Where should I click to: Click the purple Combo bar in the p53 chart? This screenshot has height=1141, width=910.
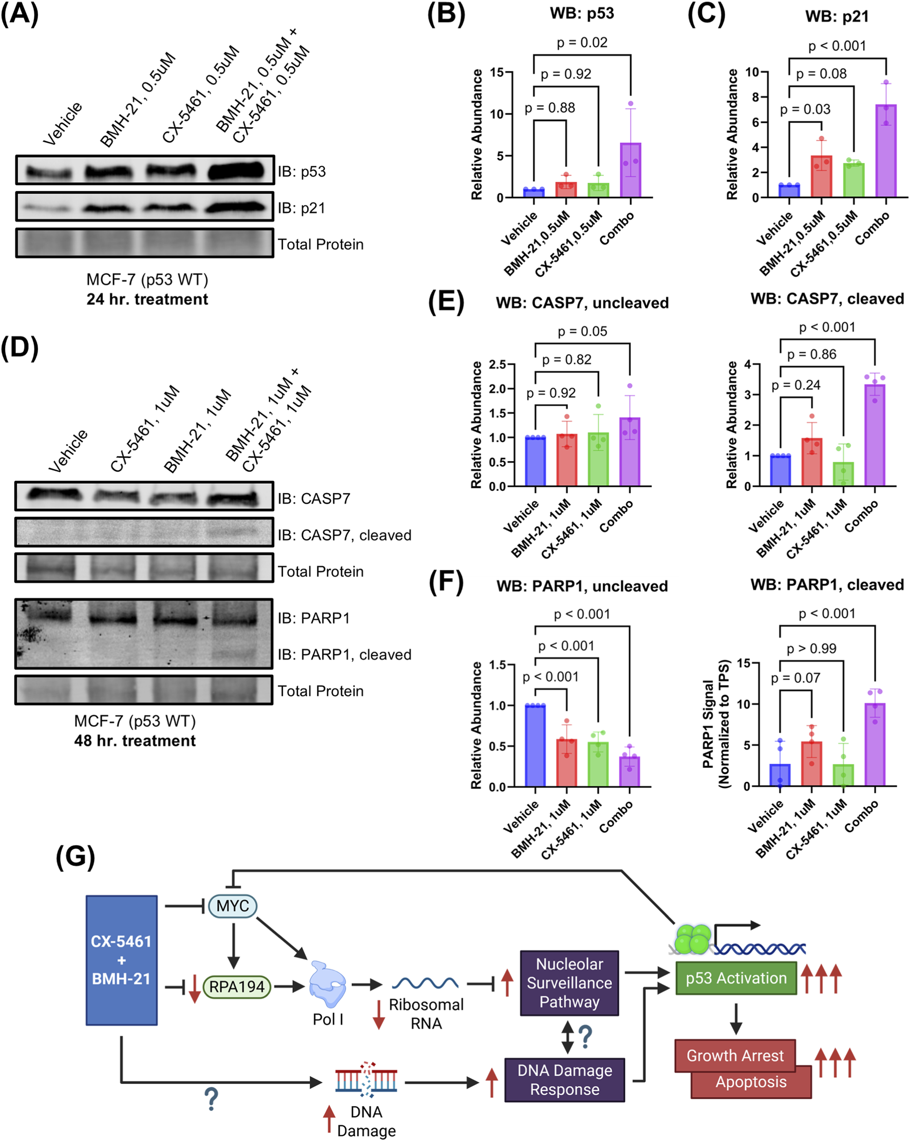[630, 170]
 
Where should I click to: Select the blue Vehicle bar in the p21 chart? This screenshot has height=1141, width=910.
[789, 191]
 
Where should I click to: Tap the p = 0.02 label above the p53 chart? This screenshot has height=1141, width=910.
[582, 43]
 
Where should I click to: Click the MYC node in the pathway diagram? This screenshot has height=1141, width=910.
[233, 905]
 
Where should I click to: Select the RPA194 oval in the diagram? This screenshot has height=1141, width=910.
[237, 986]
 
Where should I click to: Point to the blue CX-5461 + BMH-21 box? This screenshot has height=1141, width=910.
[122, 960]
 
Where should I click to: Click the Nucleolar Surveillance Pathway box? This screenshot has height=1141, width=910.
[569, 983]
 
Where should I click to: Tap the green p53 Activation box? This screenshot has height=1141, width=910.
[736, 978]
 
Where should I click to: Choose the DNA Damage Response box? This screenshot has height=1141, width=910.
[564, 1079]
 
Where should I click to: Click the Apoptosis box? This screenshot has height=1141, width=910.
[751, 1082]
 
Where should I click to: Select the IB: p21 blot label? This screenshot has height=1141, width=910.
[301, 208]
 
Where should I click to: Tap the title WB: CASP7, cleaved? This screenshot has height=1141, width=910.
[827, 299]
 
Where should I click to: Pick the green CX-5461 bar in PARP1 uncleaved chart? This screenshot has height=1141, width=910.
[598, 764]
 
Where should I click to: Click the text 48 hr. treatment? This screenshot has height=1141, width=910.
[135, 740]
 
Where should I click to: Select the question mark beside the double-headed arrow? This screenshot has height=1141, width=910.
[585, 1037]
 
